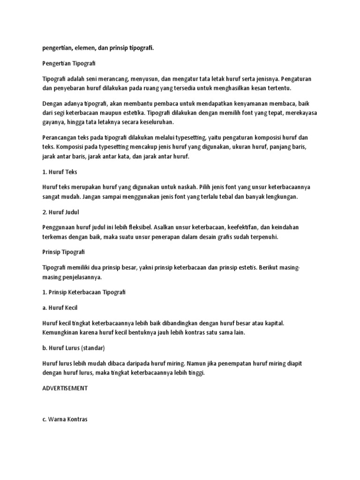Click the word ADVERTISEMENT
coord(65,389)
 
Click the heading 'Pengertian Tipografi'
coord(68,62)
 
